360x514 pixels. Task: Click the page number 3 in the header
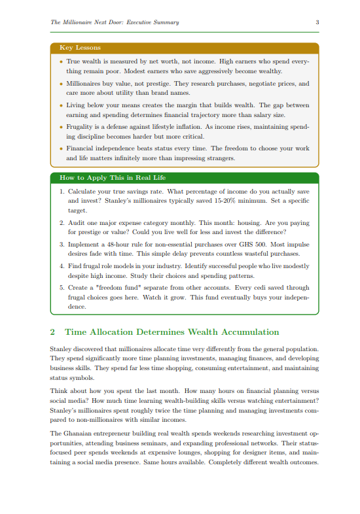coord(317,22)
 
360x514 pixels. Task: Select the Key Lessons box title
coord(75,48)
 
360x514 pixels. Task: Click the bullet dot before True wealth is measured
coord(61,60)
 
